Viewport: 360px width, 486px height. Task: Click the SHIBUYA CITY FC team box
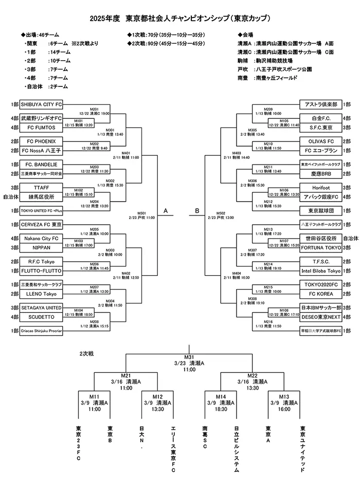pos(41,104)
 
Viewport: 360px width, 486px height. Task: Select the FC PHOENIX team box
pos(41,141)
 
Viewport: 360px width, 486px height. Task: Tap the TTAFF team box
pos(41,187)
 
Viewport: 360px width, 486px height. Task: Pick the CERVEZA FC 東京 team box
pos(41,224)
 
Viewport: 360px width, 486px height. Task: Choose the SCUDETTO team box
pos(41,317)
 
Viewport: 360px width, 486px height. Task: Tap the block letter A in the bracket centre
pos(166,210)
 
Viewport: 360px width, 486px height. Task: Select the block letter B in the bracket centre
pos(197,210)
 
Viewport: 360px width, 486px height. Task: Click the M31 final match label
pos(189,357)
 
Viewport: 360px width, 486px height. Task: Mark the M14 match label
pos(221,397)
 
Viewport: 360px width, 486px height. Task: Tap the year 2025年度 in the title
pos(105,19)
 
